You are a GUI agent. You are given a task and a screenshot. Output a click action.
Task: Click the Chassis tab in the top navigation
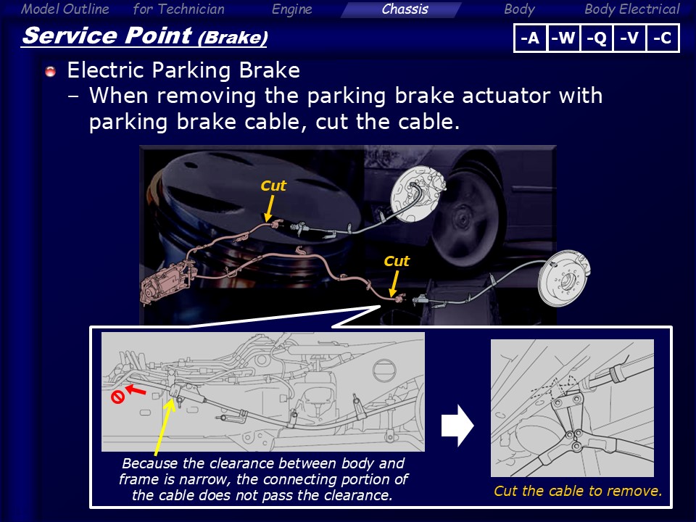tap(405, 9)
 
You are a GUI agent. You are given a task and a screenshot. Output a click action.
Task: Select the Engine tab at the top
tap(291, 9)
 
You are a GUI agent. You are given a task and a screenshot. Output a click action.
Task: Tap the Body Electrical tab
tap(631, 9)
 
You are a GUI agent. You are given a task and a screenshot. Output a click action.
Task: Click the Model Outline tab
tap(65, 9)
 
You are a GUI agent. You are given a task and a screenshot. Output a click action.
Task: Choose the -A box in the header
tap(531, 38)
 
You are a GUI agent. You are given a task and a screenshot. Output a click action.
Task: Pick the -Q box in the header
tap(597, 38)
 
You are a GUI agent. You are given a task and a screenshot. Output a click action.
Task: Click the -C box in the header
tap(663, 38)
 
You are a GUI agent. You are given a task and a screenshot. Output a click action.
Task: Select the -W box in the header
tap(564, 38)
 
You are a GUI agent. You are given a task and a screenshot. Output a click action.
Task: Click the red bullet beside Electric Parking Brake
tap(51, 72)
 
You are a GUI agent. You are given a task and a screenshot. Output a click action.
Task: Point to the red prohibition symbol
tap(117, 397)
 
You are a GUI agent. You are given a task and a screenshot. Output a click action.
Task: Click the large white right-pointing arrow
tap(457, 426)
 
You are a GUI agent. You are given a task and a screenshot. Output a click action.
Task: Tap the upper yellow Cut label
tap(273, 186)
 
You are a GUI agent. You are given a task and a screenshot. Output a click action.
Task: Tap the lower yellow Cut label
tap(397, 261)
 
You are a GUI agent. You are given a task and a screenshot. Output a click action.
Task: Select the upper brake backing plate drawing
tap(418, 194)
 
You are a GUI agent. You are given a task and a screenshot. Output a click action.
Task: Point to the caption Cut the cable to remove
tap(578, 491)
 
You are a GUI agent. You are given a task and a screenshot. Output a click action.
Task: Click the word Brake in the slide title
tap(233, 38)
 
